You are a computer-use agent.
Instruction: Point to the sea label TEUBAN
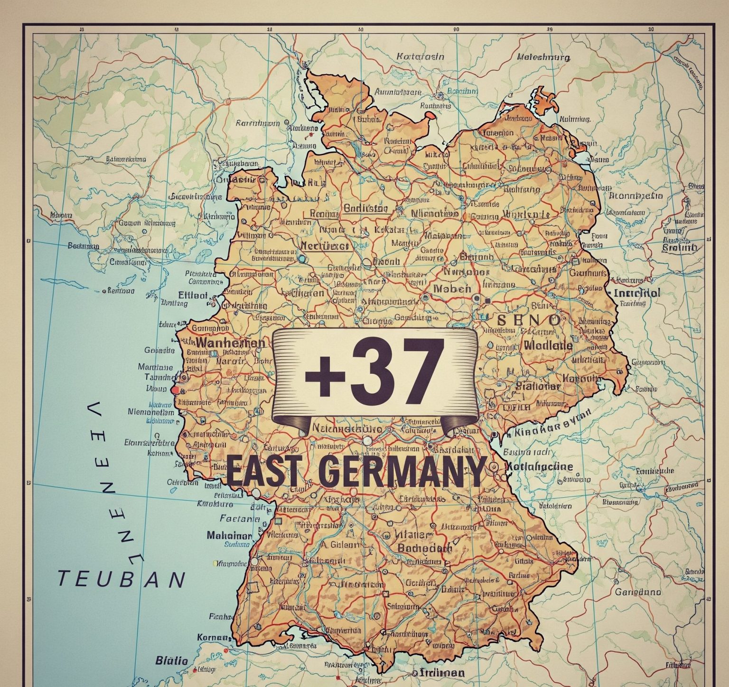click(121, 579)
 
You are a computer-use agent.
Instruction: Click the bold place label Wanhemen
click(230, 343)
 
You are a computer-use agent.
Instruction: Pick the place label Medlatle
click(549, 345)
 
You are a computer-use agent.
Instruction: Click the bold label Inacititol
click(636, 293)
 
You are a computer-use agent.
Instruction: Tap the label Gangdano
click(638, 592)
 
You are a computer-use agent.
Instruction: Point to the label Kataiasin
click(420, 56)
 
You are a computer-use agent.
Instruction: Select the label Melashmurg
click(543, 57)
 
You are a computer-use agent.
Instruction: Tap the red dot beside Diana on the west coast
click(175, 390)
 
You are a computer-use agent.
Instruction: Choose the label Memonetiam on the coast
click(151, 412)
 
